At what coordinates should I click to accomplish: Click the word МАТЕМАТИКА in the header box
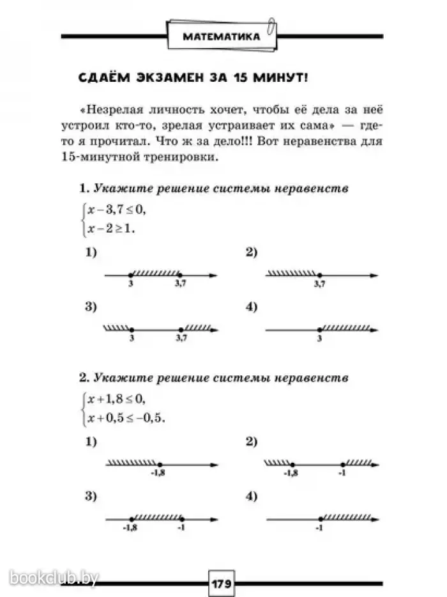tap(222, 36)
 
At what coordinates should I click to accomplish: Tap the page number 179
tap(222, 583)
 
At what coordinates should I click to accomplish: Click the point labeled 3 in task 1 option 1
tap(131, 275)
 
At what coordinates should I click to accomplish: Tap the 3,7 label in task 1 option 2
tap(319, 284)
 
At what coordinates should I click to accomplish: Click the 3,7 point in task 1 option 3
tap(181, 330)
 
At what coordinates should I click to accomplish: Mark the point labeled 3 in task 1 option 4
tap(319, 330)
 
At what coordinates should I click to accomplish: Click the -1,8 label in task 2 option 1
tap(158, 473)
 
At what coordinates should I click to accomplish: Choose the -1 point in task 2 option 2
tap(343, 463)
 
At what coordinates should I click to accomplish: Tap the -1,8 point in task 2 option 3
tap(131, 518)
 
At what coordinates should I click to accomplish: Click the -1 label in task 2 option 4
tap(319, 528)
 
